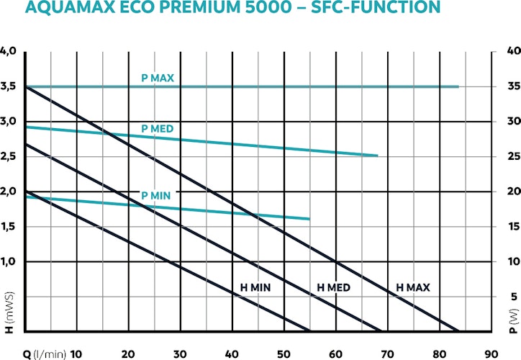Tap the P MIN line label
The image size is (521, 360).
point(155,195)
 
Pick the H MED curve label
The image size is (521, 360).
point(334,288)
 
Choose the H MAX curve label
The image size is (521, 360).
point(413,288)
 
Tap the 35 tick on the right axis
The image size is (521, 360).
point(511,86)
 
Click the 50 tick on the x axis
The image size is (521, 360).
point(284,354)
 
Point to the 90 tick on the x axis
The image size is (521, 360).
point(491,354)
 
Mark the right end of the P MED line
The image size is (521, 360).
point(378,156)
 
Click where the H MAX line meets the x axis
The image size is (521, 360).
point(458,331)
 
